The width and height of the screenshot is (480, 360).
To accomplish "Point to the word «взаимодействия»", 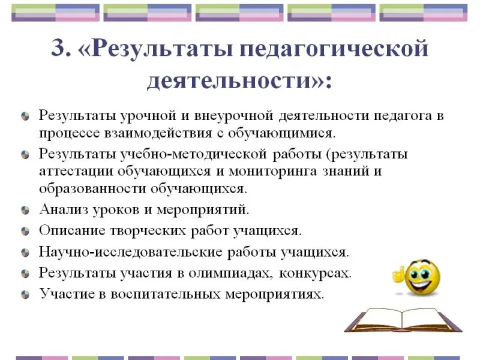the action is (x=158, y=133).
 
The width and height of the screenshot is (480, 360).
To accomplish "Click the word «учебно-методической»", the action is (x=193, y=154).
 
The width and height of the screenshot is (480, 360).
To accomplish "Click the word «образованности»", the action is (x=92, y=188).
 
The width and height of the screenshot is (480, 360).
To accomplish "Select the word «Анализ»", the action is (x=64, y=209).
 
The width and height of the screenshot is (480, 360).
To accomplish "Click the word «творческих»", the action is (x=148, y=231).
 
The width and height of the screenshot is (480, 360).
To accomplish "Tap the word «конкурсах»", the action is (x=316, y=274).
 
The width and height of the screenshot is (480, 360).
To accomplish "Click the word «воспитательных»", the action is (x=166, y=295).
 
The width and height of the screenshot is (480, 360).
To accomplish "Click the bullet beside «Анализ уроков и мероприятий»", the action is (x=25, y=211).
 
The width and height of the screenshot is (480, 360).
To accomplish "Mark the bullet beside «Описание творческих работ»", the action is (x=25, y=231).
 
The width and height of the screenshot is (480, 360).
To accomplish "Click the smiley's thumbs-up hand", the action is (x=398, y=274).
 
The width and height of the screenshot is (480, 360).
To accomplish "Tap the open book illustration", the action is (x=403, y=320).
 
